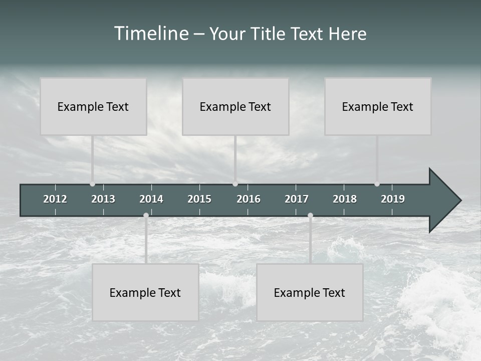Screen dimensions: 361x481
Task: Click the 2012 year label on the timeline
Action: click(x=55, y=199)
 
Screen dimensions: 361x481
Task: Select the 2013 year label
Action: click(x=103, y=199)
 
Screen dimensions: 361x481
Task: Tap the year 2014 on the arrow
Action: click(x=151, y=199)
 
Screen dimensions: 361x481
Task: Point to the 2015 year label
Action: click(x=199, y=199)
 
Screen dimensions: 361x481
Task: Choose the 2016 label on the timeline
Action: click(x=249, y=199)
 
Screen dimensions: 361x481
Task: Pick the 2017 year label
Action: click(x=297, y=199)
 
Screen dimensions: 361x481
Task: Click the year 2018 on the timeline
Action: click(x=345, y=199)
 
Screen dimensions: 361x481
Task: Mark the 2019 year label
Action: click(x=393, y=199)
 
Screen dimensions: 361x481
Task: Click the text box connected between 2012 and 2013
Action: click(x=93, y=106)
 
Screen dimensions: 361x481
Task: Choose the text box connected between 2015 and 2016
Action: click(x=235, y=106)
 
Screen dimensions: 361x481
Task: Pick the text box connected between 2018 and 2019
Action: click(x=378, y=106)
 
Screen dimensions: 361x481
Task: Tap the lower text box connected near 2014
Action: click(x=145, y=292)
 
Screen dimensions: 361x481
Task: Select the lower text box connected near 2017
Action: click(x=310, y=292)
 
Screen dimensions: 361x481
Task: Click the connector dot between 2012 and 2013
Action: click(x=92, y=184)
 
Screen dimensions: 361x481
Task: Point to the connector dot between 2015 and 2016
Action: click(x=235, y=184)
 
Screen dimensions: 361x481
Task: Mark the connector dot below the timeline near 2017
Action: click(x=310, y=216)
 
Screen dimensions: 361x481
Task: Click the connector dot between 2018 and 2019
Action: click(x=377, y=184)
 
